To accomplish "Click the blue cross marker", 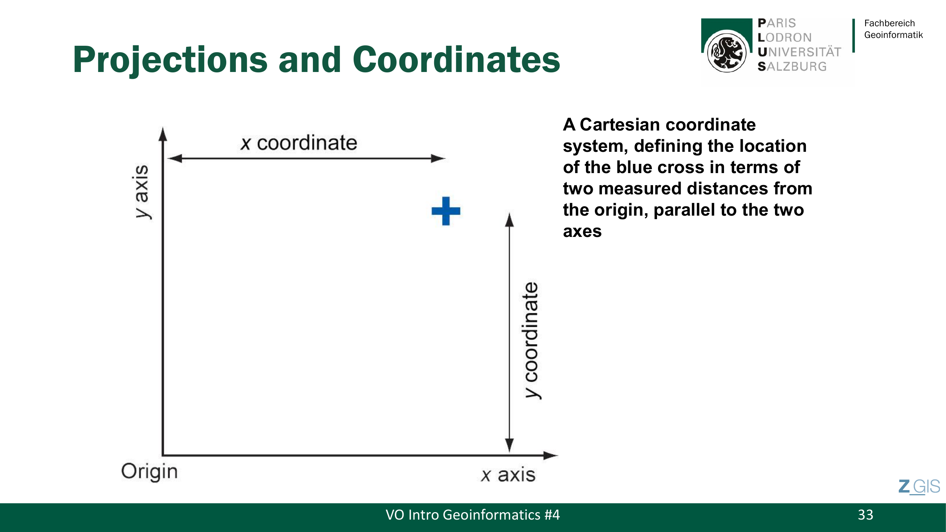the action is tap(446, 211).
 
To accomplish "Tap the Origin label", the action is tap(149, 472).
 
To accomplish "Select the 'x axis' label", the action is tap(508, 475).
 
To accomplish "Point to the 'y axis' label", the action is tap(142, 192).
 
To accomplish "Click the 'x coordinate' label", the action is tap(299, 143).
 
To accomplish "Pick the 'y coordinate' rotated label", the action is tap(531, 340).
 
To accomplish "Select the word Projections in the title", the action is tap(170, 60).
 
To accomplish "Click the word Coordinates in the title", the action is tap(457, 60).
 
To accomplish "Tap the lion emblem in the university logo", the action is tap(727, 52).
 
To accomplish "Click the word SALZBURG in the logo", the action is tap(792, 66).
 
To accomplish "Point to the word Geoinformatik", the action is tap(894, 35).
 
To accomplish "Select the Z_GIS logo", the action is tap(919, 487).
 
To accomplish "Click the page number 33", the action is tap(865, 515).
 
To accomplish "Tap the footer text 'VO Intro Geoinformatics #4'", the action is tap(472, 515).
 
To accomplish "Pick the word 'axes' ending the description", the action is tap(582, 232).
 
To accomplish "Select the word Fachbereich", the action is tap(890, 23).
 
